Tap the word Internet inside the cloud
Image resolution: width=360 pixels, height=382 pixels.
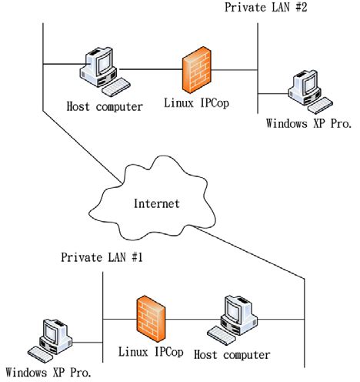pyautogui.click(x=156, y=203)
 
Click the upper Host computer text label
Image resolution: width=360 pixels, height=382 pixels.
pyautogui.click(x=105, y=106)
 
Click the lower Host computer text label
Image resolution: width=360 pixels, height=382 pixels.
pyautogui.click(x=232, y=354)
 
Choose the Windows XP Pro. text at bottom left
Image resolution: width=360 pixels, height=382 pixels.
pyautogui.click(x=52, y=373)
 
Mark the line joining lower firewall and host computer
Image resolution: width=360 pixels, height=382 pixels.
pyautogui.click(x=188, y=317)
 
